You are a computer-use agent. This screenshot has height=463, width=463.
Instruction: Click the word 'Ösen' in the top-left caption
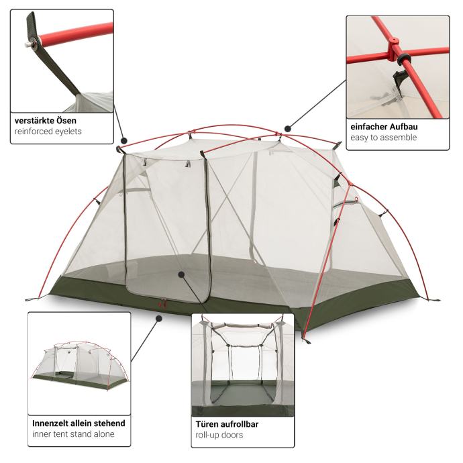pyautogui.click(x=66, y=121)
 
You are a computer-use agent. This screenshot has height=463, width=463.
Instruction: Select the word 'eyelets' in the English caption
pyautogui.click(x=68, y=132)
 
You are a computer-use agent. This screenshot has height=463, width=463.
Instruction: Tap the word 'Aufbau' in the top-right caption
pyautogui.click(x=403, y=127)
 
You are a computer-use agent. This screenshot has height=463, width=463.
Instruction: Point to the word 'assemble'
pyautogui.click(x=399, y=138)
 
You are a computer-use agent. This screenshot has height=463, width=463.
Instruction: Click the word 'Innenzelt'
pyautogui.click(x=50, y=423)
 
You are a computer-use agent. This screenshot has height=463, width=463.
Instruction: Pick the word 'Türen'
pyautogui.click(x=206, y=424)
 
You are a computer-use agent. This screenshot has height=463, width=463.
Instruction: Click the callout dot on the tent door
pyautogui.click(x=181, y=274)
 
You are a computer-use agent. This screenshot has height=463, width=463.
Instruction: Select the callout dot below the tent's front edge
pyautogui.click(x=159, y=319)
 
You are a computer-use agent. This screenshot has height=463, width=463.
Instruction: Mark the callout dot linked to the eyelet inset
pyautogui.click(x=124, y=140)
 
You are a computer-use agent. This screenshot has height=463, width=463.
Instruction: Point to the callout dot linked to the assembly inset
pyautogui.click(x=288, y=129)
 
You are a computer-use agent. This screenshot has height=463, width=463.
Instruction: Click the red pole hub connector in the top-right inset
pyautogui.click(x=394, y=49)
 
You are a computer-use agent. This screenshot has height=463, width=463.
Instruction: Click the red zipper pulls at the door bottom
pyautogui.click(x=162, y=303)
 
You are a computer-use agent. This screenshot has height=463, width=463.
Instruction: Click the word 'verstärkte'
pyautogui.click(x=34, y=121)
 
